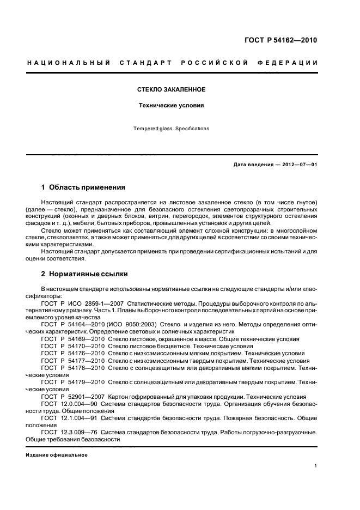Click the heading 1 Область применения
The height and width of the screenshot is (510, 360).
click(x=83, y=187)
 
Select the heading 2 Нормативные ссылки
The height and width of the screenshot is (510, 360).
click(x=85, y=274)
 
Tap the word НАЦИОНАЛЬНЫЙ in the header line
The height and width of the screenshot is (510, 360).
click(x=62, y=63)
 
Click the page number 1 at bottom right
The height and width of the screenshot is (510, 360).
click(x=316, y=466)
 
